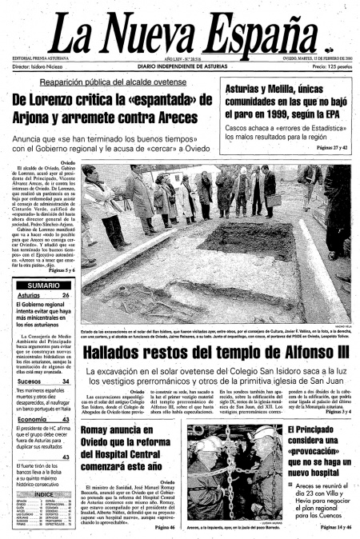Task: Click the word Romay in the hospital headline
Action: (101, 430)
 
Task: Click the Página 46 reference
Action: (164, 527)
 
